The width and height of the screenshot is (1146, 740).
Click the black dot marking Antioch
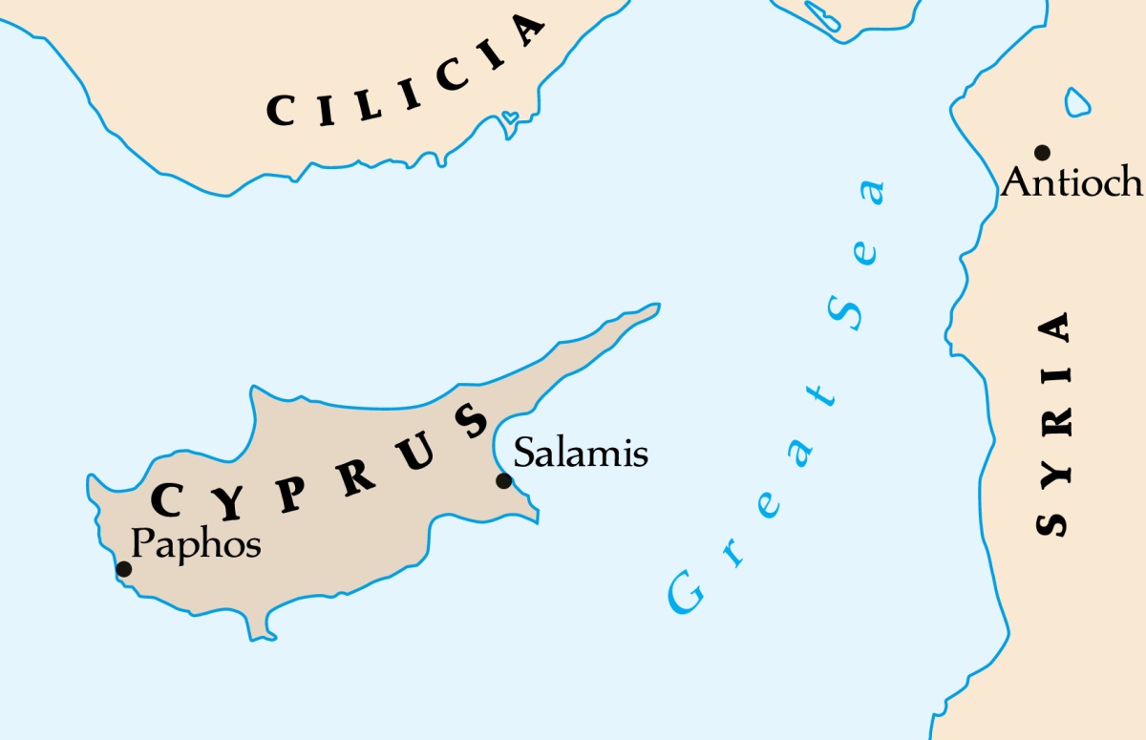[1042, 153]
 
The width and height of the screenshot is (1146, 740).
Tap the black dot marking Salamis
[503, 481]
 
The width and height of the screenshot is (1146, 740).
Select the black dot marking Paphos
[123, 569]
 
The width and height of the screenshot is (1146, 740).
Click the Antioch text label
[1072, 181]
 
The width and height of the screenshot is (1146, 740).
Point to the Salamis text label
[581, 453]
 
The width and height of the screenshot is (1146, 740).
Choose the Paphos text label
[196, 544]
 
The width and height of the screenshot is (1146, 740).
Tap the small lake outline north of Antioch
[1076, 101]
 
